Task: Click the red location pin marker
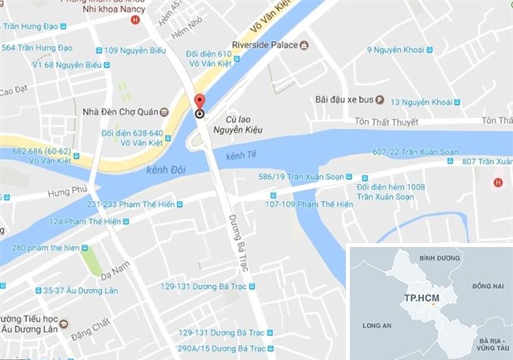(x=200, y=103)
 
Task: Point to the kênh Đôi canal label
(x=166, y=171)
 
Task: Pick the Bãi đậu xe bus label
(x=342, y=100)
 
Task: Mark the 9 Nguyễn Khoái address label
(x=402, y=51)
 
